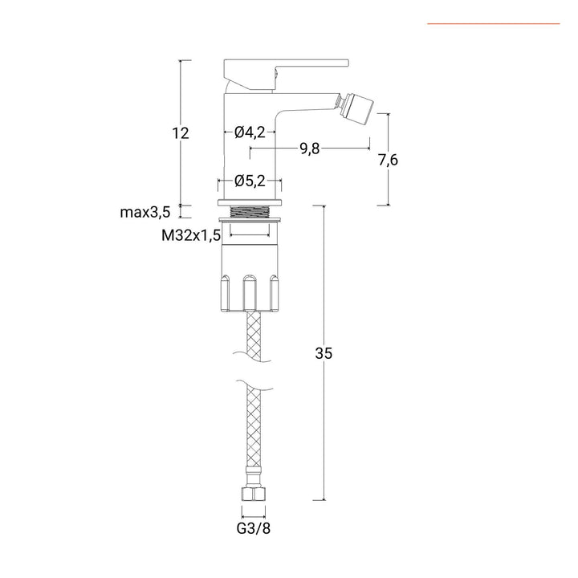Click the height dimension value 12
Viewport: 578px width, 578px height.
[x=180, y=133]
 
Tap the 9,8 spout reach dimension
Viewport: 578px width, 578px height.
[x=309, y=149]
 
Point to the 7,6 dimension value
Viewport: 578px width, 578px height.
[x=388, y=160]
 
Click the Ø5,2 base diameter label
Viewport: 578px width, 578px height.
[x=250, y=181]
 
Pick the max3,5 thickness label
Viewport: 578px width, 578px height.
[x=144, y=212]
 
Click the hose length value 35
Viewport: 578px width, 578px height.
[x=324, y=352]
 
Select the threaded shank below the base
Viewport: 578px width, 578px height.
[x=250, y=214]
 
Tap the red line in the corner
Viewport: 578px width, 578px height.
[x=493, y=23]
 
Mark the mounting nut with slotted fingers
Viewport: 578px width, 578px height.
[x=250, y=281]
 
